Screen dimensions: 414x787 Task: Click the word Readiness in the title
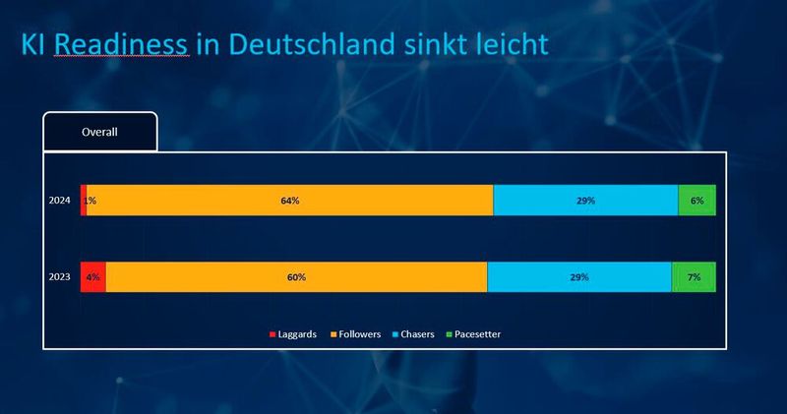click(120, 44)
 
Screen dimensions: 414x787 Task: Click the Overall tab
click(99, 132)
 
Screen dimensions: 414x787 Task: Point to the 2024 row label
click(60, 201)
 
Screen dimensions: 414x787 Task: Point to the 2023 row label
click(60, 277)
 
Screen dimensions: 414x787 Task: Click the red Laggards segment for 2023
click(92, 277)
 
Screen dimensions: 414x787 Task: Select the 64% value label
click(289, 201)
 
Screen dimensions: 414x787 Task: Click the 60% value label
click(296, 277)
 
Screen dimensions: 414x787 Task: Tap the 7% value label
click(694, 277)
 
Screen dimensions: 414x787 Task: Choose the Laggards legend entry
click(293, 334)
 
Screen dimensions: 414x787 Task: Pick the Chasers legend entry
click(418, 334)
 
